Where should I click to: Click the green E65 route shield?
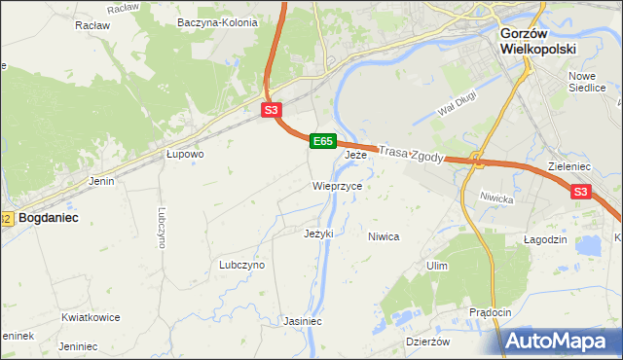coord(324,142)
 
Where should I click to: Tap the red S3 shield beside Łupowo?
coord(272,111)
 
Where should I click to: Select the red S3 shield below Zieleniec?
coord(580,193)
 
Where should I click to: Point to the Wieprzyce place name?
coord(338,186)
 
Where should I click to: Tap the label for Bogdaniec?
coord(49,219)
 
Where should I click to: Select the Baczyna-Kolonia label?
coord(218,22)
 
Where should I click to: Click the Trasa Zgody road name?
coord(410,154)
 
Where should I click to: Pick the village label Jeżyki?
coord(318,234)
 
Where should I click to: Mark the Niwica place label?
coord(384,236)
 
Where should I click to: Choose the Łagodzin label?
coord(545,239)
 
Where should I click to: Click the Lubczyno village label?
coord(242,265)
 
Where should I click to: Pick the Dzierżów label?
coord(428,342)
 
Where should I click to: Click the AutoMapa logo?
coord(562,341)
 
